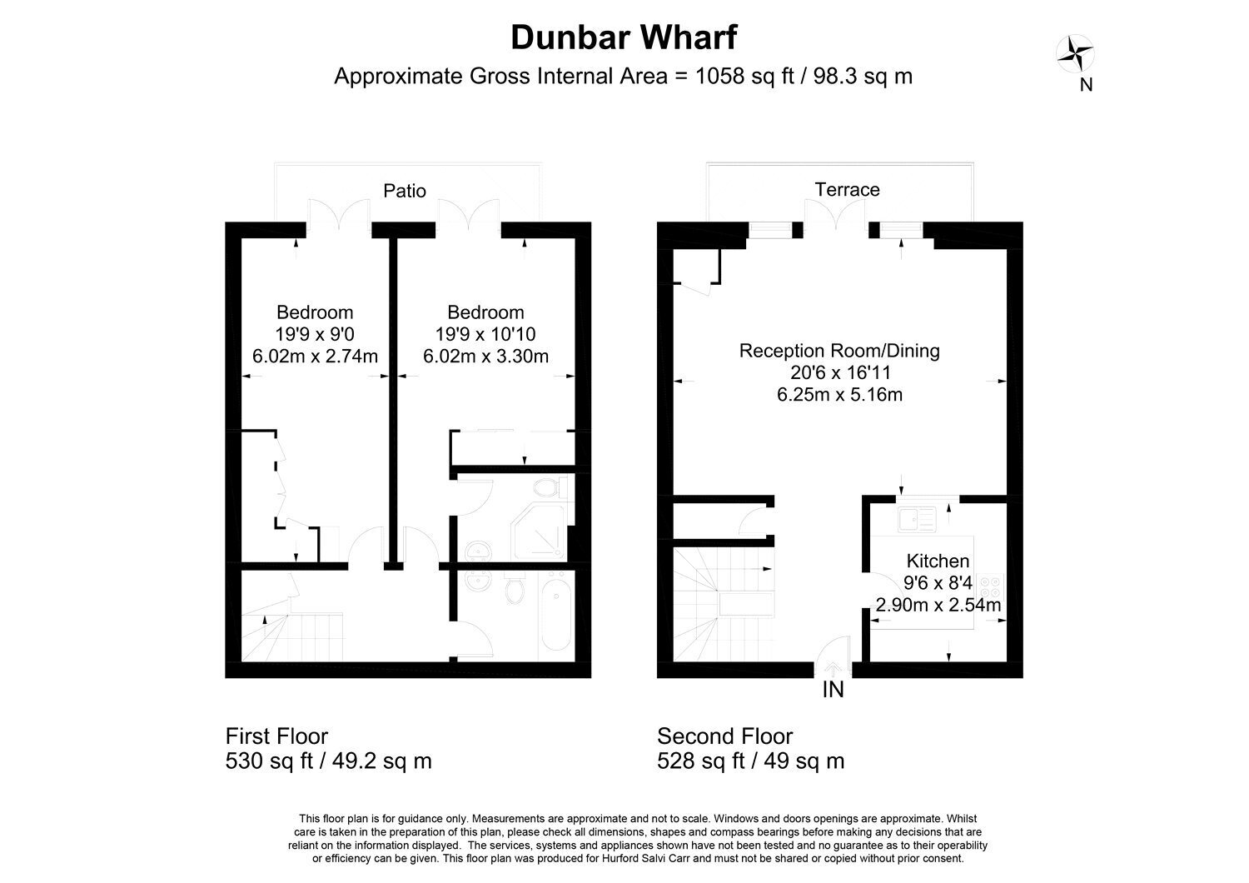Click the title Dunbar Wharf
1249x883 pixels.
[x=624, y=37]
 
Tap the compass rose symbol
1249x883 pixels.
[x=1075, y=53]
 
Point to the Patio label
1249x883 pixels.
[x=404, y=191]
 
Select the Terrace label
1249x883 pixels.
[x=847, y=190]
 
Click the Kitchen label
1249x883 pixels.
[x=938, y=561]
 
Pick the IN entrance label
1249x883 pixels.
[x=833, y=690]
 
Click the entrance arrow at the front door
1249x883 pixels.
[x=833, y=669]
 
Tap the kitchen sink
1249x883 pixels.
[x=918, y=519]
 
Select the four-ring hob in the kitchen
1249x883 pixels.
[x=991, y=586]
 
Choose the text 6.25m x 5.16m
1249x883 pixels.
[x=839, y=395]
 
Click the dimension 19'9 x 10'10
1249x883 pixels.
[x=485, y=334]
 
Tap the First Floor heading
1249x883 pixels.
[x=276, y=736]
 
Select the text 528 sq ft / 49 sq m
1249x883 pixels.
[x=750, y=761]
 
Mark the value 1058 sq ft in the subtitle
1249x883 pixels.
[x=744, y=76]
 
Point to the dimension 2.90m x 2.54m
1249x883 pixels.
[x=938, y=605]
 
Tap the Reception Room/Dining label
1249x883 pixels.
[x=839, y=351]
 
